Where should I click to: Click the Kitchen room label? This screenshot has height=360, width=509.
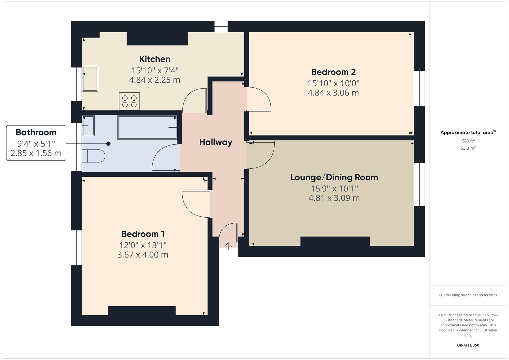[x=155, y=59]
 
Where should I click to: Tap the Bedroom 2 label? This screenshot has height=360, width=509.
[x=333, y=72]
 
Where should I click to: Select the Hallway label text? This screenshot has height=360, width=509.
[x=216, y=142]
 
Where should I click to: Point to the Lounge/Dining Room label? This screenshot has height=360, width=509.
[x=334, y=177]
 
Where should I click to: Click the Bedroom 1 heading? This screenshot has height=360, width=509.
[x=143, y=234]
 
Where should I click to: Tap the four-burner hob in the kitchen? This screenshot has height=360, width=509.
[x=129, y=101]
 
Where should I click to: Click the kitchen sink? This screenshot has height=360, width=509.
[x=90, y=79]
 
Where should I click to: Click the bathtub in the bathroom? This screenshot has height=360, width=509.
[x=147, y=127]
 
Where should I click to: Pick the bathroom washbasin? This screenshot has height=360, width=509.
[x=88, y=126]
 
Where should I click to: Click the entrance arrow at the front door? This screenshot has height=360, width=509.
[x=228, y=246]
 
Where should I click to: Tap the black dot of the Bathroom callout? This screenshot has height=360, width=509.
[x=108, y=144]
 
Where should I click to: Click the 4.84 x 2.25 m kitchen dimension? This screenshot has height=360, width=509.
[x=155, y=80]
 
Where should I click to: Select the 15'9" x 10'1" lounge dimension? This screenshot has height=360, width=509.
[x=334, y=189]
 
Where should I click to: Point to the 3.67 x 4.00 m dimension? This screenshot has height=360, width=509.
[x=143, y=255]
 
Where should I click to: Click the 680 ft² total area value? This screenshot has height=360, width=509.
[x=468, y=141]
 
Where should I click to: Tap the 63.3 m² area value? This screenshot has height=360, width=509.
[x=468, y=148]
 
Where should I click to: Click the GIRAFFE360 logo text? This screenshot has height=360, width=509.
[x=468, y=345]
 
